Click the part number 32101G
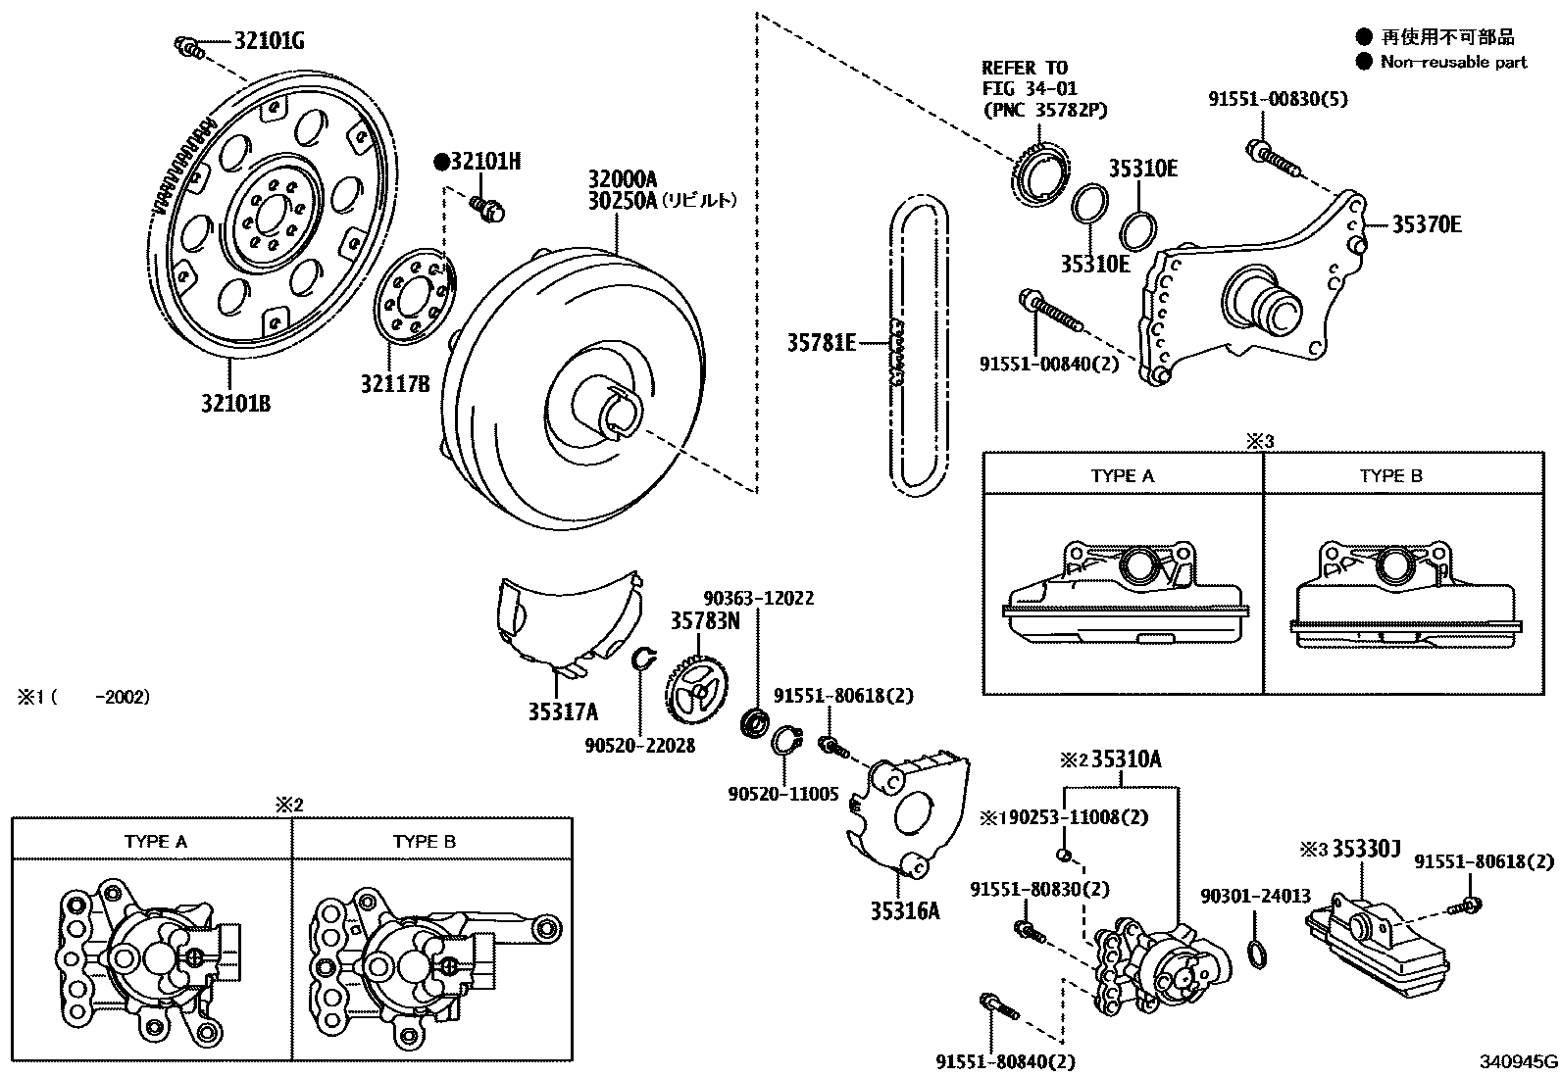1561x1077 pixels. click(x=269, y=41)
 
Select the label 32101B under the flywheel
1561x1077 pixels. click(x=235, y=403)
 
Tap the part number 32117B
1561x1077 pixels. click(x=395, y=384)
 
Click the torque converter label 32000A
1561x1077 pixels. click(x=622, y=179)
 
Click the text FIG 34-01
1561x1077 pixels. click(x=1030, y=88)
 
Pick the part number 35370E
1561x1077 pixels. click(x=1427, y=224)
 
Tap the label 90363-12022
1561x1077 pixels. click(x=758, y=598)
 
